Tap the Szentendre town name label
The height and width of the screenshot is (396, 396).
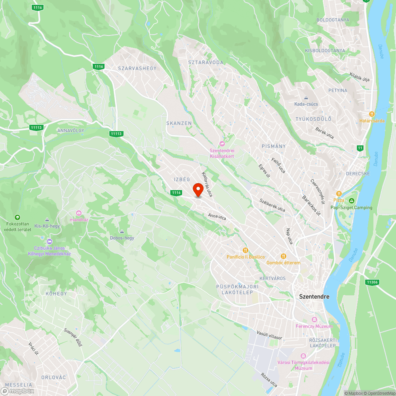314,296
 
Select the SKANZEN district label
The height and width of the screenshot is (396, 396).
179,123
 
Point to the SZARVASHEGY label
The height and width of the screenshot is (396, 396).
137,68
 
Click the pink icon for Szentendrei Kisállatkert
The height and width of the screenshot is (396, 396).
222,144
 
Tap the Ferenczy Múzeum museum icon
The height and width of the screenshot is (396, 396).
314,319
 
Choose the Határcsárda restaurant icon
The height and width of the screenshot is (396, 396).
372,114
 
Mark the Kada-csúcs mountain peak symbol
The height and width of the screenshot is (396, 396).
306,98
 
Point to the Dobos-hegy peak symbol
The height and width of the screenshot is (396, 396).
122,232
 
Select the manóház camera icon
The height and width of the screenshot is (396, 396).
78,213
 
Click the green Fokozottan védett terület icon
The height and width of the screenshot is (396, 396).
17,217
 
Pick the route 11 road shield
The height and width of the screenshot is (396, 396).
360,148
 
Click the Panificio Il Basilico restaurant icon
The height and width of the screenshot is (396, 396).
246,250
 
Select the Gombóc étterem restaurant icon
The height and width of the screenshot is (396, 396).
283,256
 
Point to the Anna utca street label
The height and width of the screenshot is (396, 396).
217,217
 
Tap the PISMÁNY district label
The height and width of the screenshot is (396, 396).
274,146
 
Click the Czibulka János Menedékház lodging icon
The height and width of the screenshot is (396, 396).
49,241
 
